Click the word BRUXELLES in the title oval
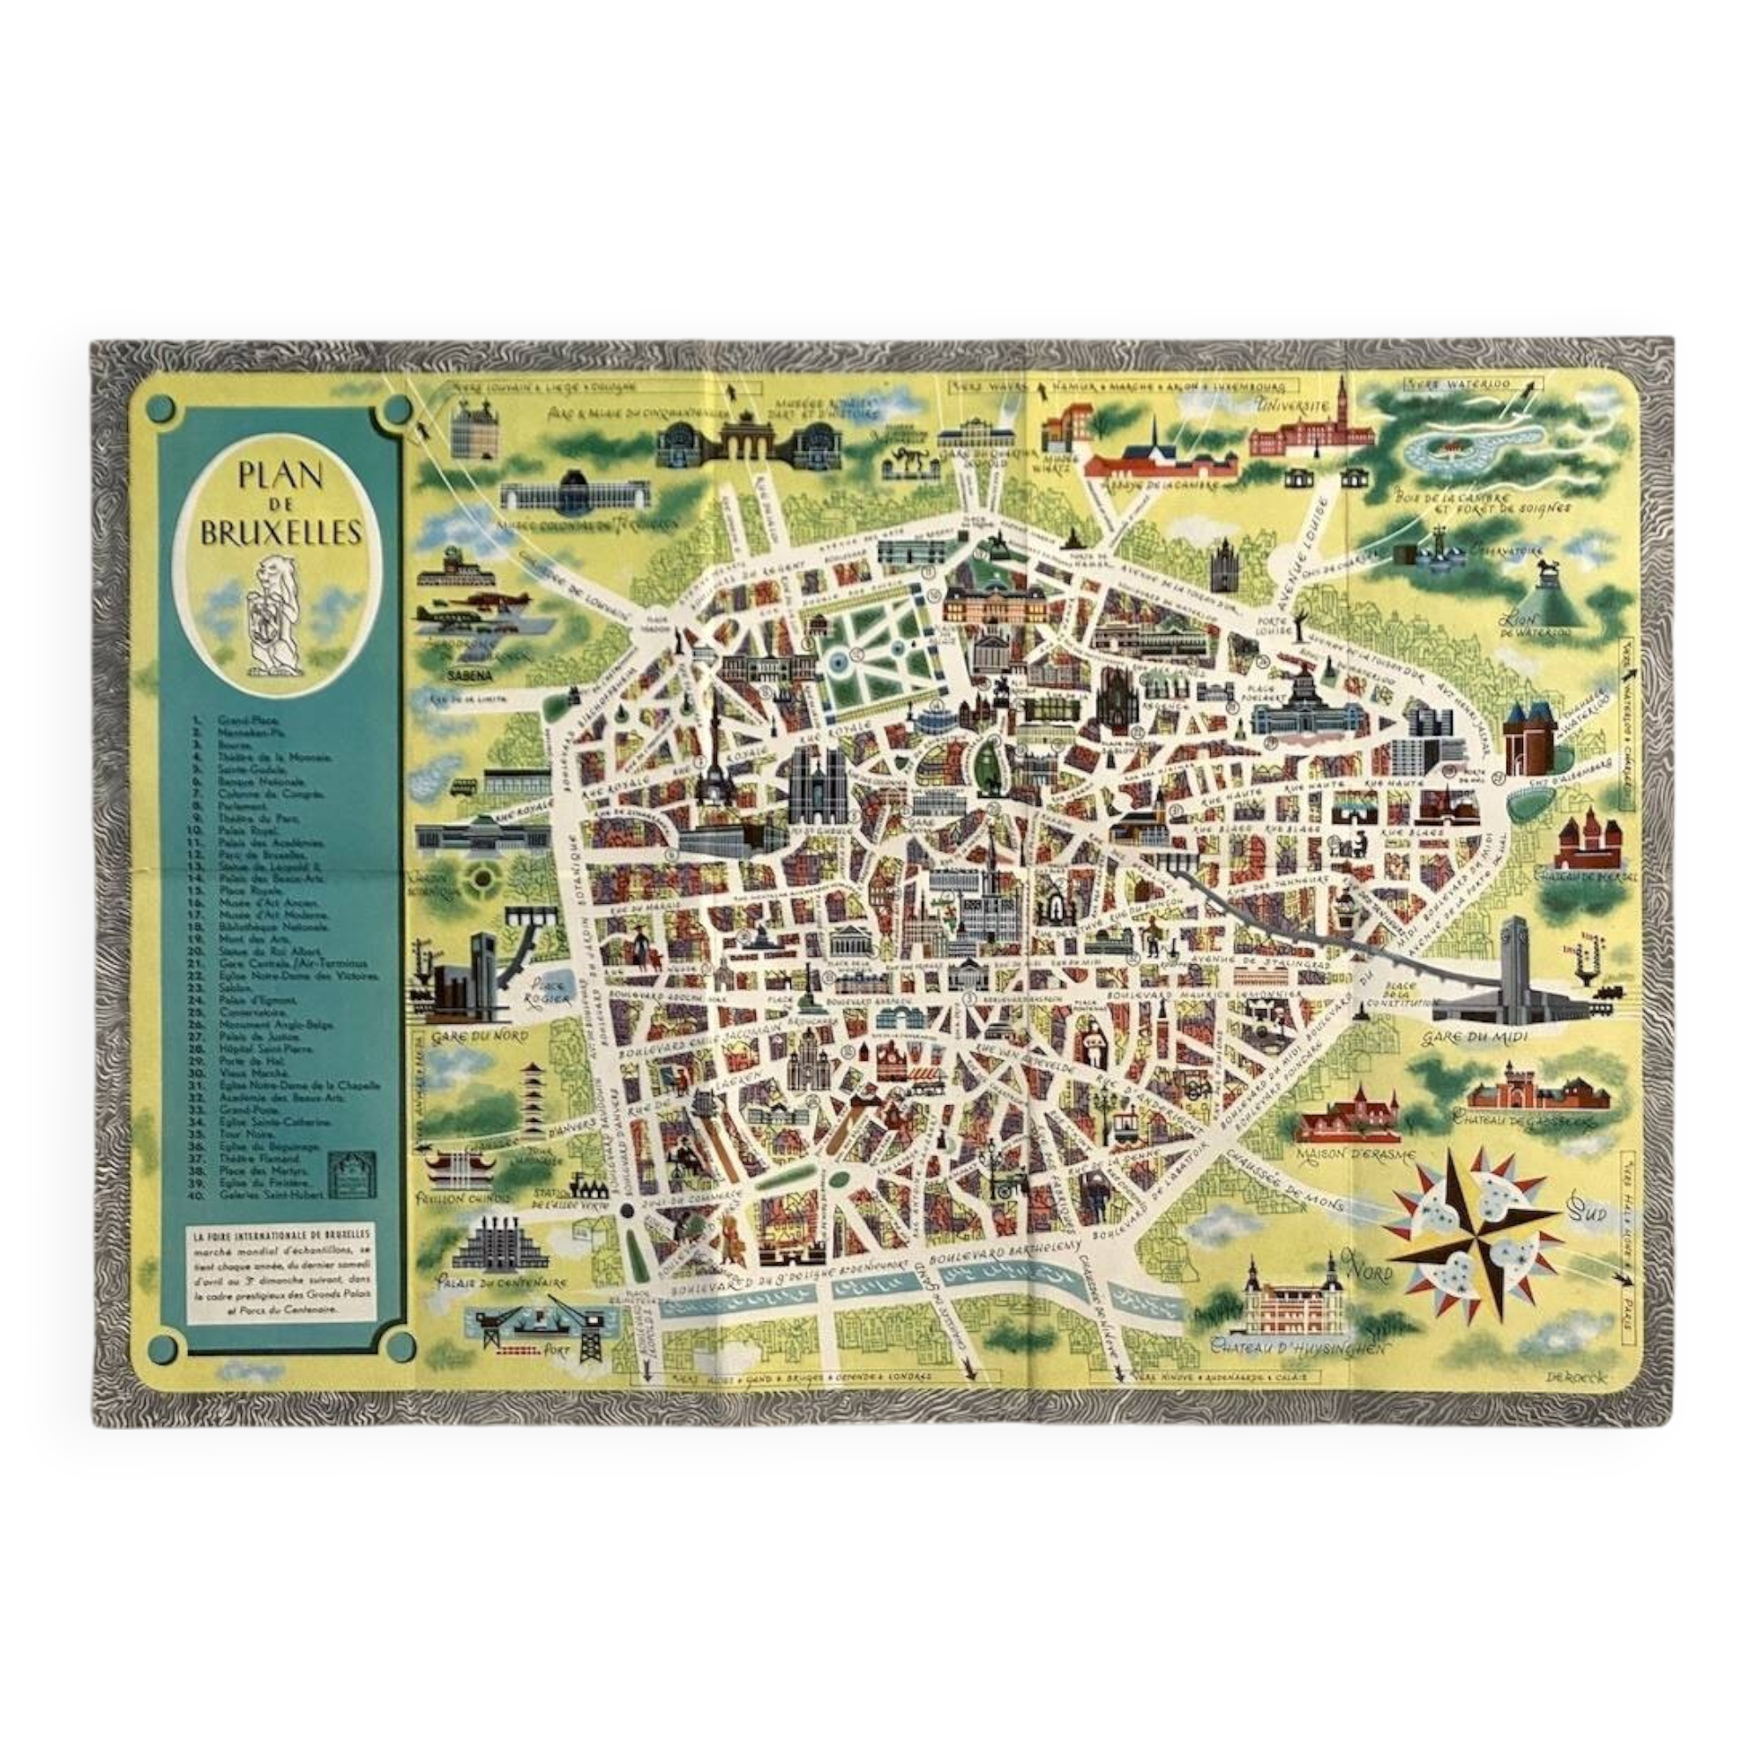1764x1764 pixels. click(280, 533)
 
